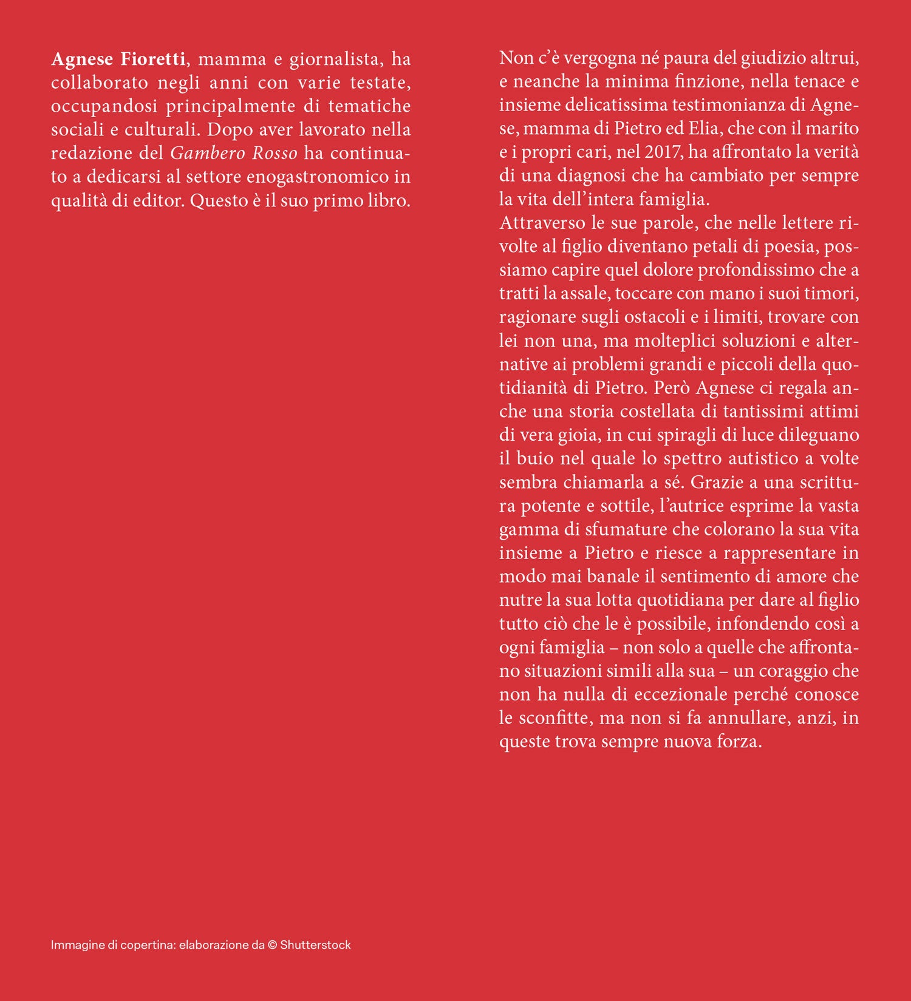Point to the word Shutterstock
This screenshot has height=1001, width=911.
[x=316, y=945]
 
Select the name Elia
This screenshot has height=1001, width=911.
[x=703, y=128]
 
